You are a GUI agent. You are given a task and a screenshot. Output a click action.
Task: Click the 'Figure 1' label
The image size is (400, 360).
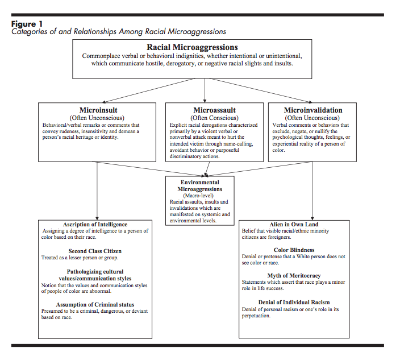click(x=27, y=24)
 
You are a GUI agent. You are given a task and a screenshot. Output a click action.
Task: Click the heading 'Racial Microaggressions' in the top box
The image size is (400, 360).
click(x=192, y=47)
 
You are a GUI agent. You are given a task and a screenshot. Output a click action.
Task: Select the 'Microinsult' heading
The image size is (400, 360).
click(x=98, y=110)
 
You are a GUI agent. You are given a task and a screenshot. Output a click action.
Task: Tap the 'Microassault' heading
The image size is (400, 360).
click(x=214, y=110)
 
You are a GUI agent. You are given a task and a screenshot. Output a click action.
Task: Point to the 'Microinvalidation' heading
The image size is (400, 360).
click(x=313, y=110)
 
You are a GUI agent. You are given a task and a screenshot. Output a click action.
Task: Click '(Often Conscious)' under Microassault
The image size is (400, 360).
click(x=214, y=118)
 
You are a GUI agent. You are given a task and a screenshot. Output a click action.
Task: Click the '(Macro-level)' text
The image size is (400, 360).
click(x=198, y=196)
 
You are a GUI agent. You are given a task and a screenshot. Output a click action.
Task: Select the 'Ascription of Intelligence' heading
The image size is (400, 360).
click(x=95, y=225)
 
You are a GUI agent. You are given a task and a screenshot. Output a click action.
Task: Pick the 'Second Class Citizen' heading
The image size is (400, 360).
click(x=95, y=251)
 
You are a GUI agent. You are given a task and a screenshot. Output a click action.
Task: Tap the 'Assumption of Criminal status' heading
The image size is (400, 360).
click(x=95, y=305)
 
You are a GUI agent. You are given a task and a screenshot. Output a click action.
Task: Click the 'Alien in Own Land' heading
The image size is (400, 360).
click(x=294, y=225)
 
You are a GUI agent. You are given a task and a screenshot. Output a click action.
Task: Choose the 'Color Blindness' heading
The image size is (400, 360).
click(x=294, y=250)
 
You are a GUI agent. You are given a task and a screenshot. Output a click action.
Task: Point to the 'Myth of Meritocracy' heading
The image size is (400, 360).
click(x=294, y=275)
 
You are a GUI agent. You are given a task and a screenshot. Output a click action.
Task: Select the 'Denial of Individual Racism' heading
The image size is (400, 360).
click(x=294, y=303)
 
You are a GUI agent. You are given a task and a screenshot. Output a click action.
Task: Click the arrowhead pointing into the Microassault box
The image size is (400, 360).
click(x=205, y=101)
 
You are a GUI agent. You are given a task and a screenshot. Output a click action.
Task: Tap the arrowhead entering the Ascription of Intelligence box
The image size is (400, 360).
click(x=97, y=218)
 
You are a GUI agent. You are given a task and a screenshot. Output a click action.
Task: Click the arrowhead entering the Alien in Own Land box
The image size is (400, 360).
click(x=312, y=218)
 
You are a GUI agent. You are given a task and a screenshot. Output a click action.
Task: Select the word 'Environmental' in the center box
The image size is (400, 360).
click(x=200, y=183)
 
